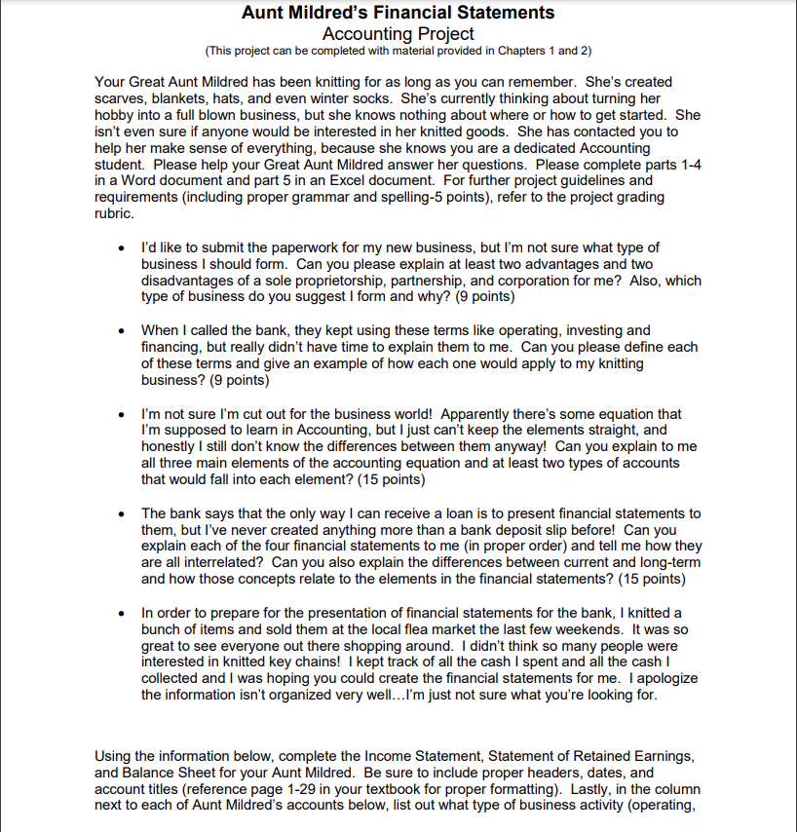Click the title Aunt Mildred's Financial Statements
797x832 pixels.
(398, 13)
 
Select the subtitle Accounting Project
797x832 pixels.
(398, 33)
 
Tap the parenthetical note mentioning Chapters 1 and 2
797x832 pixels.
(398, 50)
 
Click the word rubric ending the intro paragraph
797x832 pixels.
(115, 214)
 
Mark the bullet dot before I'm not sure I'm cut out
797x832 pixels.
(119, 414)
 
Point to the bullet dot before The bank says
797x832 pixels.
(119, 512)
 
